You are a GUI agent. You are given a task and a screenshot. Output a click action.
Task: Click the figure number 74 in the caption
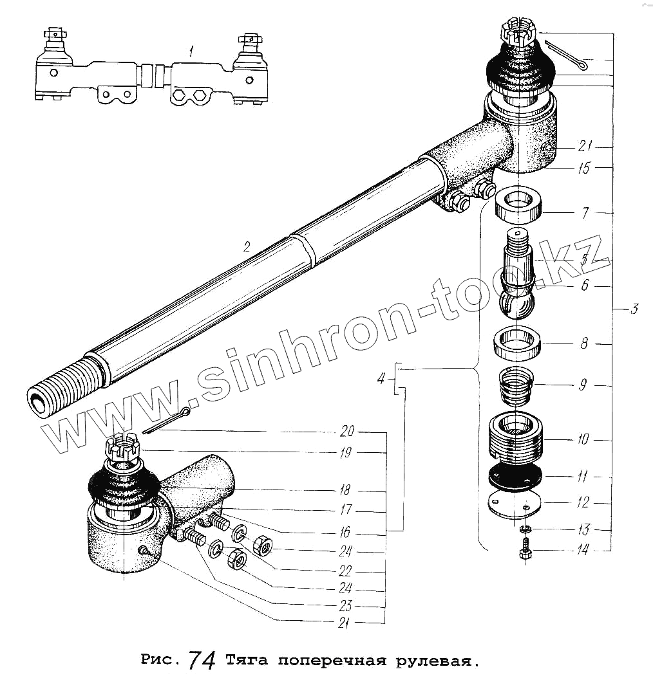202,659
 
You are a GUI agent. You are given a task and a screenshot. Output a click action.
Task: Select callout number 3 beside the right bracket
634,309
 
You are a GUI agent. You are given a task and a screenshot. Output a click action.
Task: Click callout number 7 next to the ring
585,213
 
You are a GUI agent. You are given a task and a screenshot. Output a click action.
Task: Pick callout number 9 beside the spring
582,385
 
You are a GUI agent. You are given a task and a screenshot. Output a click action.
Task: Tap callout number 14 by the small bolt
582,551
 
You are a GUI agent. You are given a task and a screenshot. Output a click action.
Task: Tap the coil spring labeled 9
515,385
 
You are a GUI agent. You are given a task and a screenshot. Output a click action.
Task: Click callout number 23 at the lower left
346,605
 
